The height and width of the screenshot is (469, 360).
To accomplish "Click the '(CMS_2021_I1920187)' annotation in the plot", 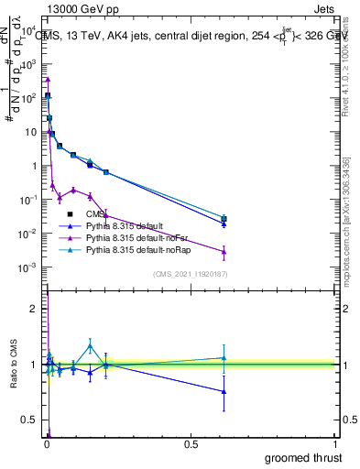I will (191, 275).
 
